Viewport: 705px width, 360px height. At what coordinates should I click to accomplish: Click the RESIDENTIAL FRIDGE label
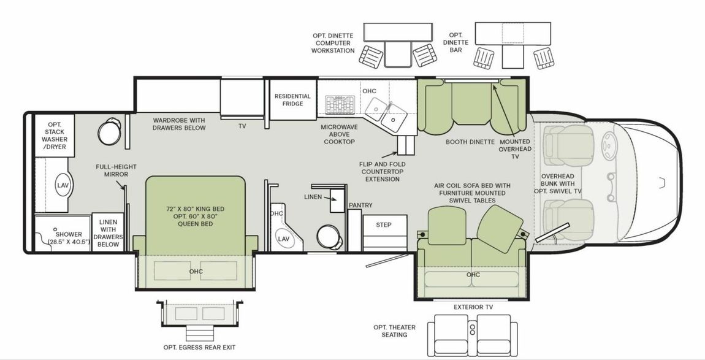coord(292,100)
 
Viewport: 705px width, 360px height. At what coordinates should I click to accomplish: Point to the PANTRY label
coord(360,205)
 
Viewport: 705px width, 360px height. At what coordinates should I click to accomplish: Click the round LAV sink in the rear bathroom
coord(63,186)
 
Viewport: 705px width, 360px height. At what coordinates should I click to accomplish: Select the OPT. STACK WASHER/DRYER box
coord(54,136)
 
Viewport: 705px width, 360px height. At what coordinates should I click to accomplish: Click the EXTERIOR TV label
coord(473,307)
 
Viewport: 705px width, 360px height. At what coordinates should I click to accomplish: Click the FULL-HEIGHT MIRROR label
coord(116,170)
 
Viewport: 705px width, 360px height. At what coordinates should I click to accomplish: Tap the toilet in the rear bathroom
coord(109,131)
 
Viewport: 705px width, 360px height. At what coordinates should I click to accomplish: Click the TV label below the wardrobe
coord(242,126)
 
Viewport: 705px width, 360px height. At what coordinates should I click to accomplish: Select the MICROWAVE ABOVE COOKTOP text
coord(338,134)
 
